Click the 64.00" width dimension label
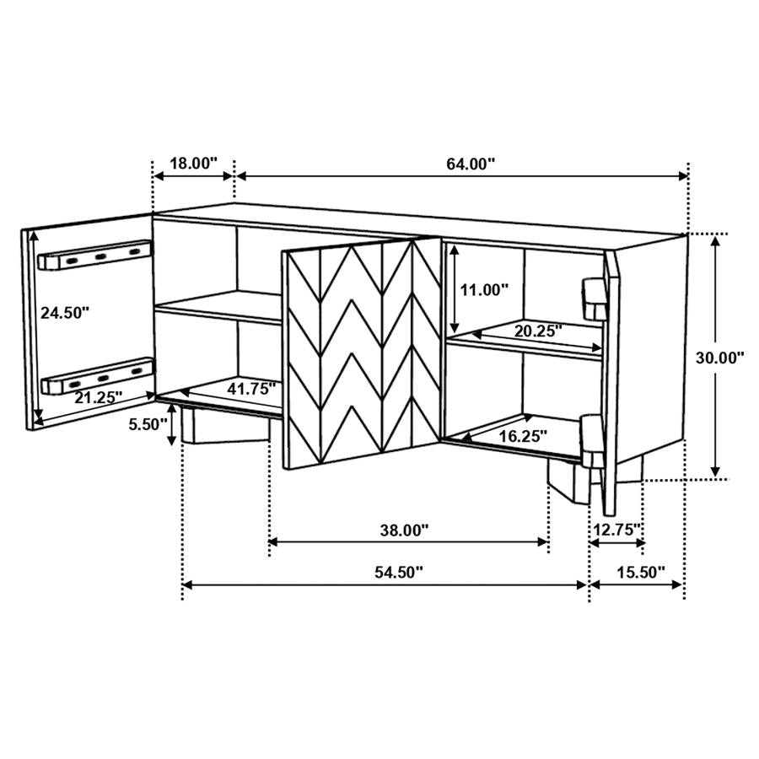[470, 164]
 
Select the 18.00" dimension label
[193, 164]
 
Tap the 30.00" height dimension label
[719, 357]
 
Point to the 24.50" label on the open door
[65, 312]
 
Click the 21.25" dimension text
[98, 396]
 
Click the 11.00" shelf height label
[484, 290]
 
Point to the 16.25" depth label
[522, 436]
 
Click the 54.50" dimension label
[399, 572]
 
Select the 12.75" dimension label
[617, 530]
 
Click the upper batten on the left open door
[95, 256]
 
